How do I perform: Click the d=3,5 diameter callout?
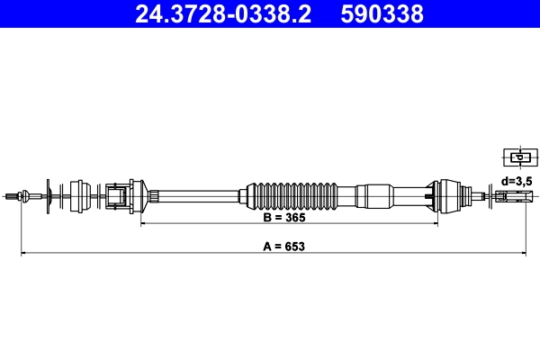coord(517,181)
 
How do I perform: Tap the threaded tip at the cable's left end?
coord(11,194)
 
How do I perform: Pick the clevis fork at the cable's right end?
coord(514,194)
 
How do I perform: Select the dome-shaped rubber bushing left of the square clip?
coord(78,194)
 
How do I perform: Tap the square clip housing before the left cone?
coord(115,194)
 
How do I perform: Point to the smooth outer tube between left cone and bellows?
coord(198,194)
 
